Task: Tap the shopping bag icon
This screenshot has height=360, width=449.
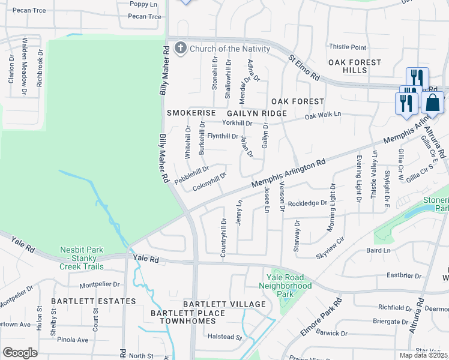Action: [x=432, y=103]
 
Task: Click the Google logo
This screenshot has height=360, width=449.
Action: [x=20, y=353]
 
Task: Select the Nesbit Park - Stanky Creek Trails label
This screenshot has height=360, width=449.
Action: [x=82, y=258]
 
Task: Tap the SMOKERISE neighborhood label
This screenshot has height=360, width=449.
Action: [x=190, y=113]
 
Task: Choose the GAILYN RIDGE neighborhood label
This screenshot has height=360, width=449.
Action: [x=256, y=113]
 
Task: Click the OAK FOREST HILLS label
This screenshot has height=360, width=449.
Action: [x=354, y=66]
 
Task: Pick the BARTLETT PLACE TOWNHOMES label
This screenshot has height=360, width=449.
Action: [x=188, y=317]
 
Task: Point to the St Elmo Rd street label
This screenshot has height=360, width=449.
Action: [x=303, y=69]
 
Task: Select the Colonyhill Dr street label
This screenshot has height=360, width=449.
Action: [x=209, y=182]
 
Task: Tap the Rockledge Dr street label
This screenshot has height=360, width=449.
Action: [x=307, y=203]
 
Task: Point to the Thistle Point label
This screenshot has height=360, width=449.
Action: [x=348, y=47]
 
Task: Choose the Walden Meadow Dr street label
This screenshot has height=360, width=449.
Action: [x=25, y=67]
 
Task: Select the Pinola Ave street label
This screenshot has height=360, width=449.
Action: [x=73, y=340]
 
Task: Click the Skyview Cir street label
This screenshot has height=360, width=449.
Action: [x=330, y=247]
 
